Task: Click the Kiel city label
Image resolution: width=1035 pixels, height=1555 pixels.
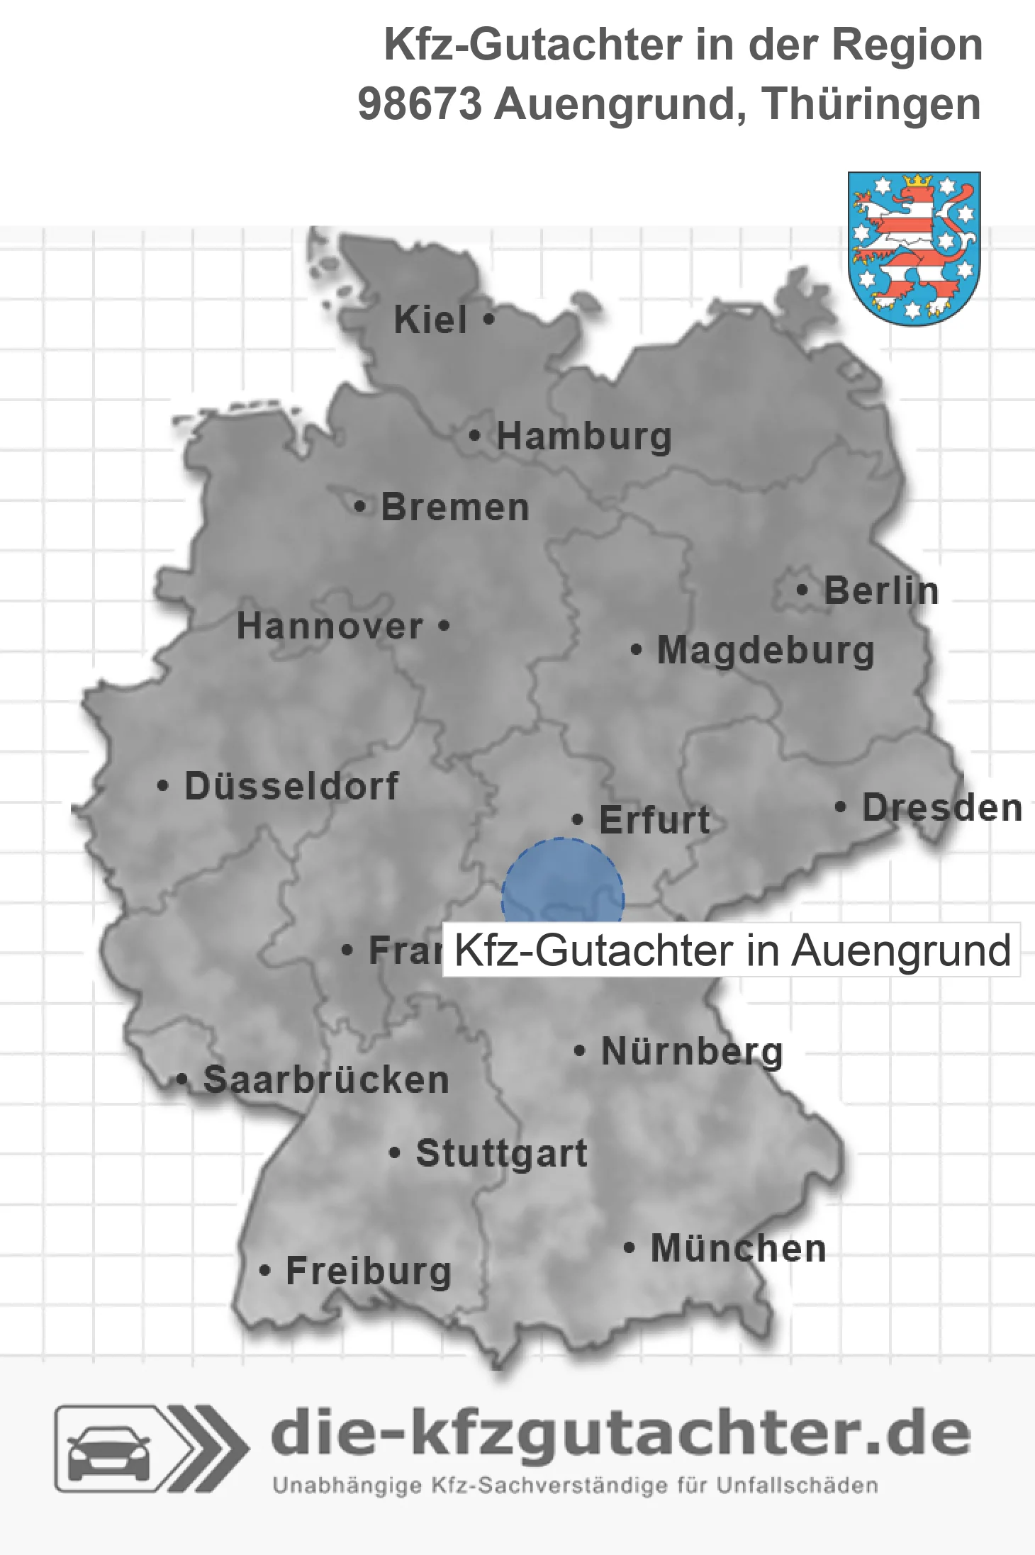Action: (x=430, y=320)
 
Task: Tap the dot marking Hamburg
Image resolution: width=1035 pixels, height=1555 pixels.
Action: (x=474, y=436)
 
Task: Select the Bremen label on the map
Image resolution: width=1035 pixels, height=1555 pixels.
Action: (x=455, y=507)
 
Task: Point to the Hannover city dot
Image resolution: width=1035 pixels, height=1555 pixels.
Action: (x=444, y=626)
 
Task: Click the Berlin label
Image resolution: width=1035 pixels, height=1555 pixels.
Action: (x=881, y=590)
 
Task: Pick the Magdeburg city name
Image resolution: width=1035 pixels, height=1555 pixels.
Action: (x=766, y=650)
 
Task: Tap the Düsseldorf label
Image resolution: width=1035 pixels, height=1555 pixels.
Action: (x=291, y=786)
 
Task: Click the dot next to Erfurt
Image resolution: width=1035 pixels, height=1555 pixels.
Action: (x=578, y=820)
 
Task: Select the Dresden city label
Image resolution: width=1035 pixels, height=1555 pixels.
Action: (x=942, y=807)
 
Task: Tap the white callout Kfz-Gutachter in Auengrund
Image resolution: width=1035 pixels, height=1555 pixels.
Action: (x=731, y=950)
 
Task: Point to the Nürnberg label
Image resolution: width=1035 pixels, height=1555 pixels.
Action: (x=692, y=1051)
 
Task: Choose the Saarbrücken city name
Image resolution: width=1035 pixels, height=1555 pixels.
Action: (x=326, y=1079)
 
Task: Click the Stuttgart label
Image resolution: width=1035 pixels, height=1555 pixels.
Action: (x=501, y=1153)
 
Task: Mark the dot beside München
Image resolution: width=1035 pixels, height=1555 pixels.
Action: (x=629, y=1248)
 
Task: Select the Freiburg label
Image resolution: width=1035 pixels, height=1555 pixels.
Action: (x=369, y=1271)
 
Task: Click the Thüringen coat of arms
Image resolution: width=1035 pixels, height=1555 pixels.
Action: (x=914, y=248)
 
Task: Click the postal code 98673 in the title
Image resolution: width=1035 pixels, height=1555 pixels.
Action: (x=420, y=104)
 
